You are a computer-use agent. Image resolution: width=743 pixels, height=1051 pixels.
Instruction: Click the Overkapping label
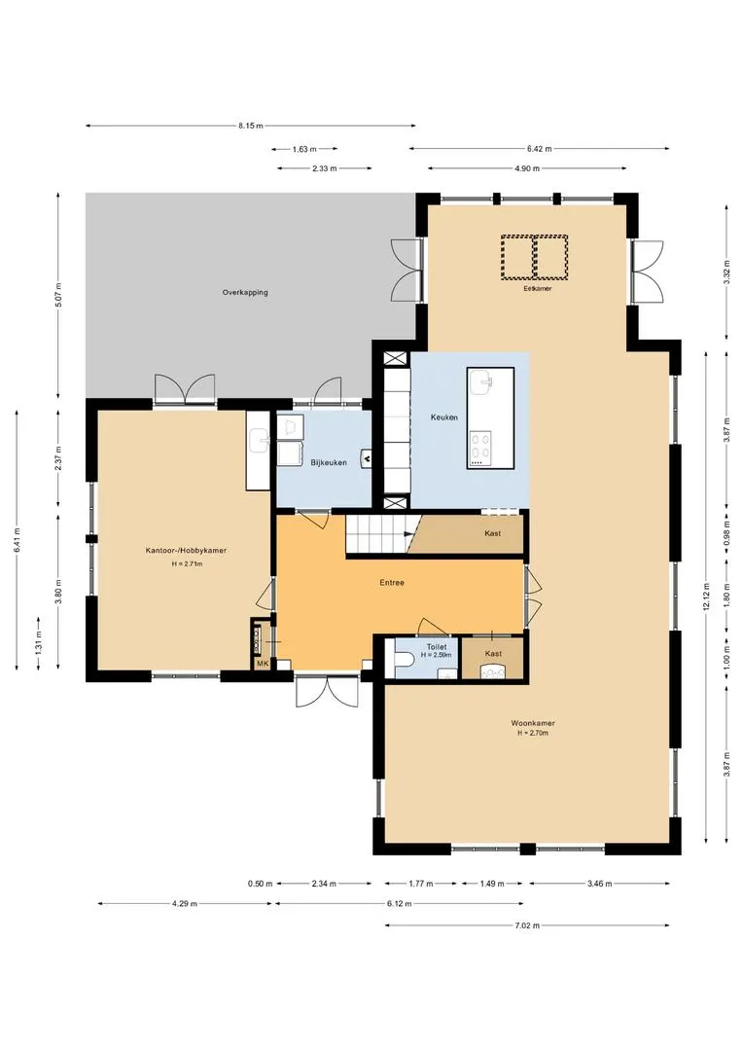coord(245,292)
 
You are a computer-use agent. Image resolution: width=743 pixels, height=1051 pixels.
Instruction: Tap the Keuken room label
coord(444,417)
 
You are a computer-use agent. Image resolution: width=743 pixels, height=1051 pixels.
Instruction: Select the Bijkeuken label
coord(329,462)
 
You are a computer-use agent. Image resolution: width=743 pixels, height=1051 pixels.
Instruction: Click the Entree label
coord(392,583)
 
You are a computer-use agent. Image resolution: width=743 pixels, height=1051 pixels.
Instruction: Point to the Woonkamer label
coord(533,723)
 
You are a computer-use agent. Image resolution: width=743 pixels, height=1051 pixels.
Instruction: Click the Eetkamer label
coord(538,288)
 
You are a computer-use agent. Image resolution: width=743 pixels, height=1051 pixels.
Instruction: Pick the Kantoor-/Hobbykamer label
coord(187,550)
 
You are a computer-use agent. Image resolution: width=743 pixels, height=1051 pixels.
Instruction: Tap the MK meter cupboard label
coord(262,664)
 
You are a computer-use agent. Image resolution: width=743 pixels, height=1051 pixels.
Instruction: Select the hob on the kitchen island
coord(479,449)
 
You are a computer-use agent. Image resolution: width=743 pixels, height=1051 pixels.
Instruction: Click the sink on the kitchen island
coord(481,382)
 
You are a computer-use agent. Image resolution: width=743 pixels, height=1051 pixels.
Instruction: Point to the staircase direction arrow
coord(409,533)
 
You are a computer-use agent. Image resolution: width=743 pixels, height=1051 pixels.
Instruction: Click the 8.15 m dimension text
coord(251,126)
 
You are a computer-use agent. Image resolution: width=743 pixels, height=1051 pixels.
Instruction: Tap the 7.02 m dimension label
coord(527,925)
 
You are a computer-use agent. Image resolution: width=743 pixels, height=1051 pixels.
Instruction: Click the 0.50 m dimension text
coord(260,884)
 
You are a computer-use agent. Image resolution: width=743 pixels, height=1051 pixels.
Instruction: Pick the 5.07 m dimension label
coord(59,296)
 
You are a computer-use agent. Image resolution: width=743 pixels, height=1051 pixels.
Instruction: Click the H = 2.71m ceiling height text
coord(187,563)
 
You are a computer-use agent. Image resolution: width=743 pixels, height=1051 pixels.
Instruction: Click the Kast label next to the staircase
coord(492,533)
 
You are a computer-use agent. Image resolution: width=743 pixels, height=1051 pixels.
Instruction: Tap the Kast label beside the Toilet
coord(493,654)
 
